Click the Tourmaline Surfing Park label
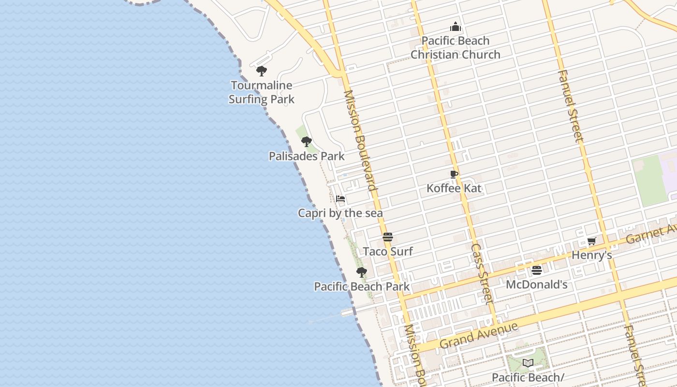point(261,92)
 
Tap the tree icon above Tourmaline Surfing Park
point(262,72)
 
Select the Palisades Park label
point(307,156)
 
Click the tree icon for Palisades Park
point(306,142)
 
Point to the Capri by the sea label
point(340,213)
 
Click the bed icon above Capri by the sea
point(340,198)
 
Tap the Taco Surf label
point(388,252)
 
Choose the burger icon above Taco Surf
point(387,237)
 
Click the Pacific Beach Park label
point(362,286)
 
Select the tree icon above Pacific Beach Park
point(361,272)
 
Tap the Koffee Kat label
point(454,188)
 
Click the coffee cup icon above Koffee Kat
point(454,174)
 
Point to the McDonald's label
point(536,284)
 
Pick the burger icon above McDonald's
point(536,270)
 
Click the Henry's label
point(592,255)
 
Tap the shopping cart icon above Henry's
point(591,241)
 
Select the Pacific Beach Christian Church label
point(456,47)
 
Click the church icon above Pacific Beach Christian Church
point(456,27)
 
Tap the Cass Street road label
point(482,273)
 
